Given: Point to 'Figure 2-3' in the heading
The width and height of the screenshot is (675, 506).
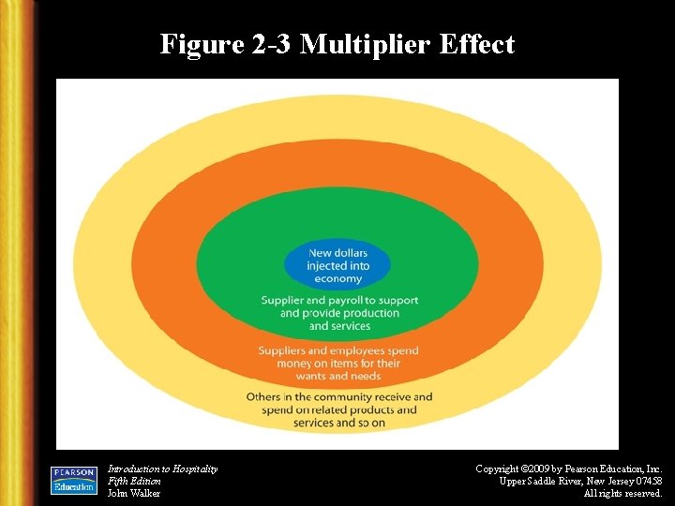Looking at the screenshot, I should (x=225, y=45).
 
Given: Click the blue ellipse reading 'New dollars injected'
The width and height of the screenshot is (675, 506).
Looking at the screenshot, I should (x=338, y=265).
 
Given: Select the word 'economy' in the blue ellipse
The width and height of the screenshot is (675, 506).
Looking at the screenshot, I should (x=338, y=278).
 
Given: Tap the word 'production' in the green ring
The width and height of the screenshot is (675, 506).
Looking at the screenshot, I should (x=370, y=313).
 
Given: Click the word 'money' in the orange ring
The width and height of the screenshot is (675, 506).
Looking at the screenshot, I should (x=278, y=364).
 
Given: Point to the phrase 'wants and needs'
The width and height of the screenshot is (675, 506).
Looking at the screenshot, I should (x=338, y=376).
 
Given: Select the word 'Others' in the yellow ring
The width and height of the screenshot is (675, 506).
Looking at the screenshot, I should (x=264, y=397).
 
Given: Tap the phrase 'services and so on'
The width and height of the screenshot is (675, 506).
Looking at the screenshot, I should (x=338, y=423).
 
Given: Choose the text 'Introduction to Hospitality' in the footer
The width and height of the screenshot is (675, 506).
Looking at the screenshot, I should (x=162, y=469).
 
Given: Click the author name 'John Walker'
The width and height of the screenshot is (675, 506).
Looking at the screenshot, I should (x=134, y=493).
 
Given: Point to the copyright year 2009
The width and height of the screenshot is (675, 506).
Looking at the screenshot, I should (x=547, y=469).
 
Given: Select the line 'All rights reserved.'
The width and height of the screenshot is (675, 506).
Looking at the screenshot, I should (x=622, y=493).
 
